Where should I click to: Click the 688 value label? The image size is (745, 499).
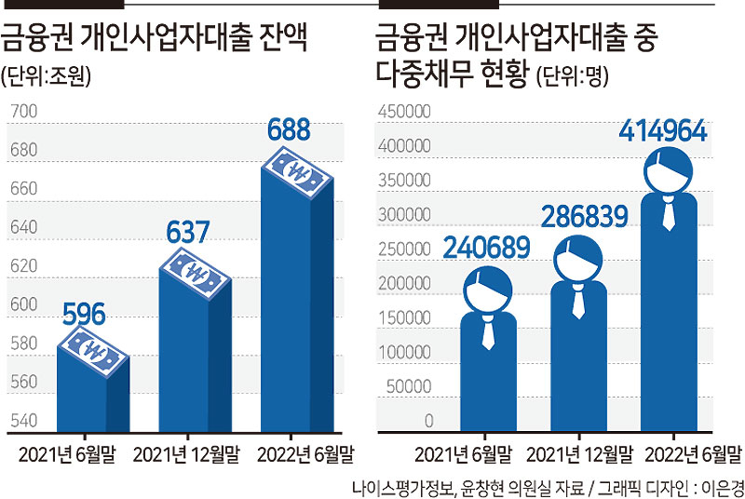tap(289, 129)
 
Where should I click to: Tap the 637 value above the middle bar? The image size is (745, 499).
tap(188, 232)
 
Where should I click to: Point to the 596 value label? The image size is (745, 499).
tap(84, 314)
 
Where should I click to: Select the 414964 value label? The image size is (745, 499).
tap(663, 130)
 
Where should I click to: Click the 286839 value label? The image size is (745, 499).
tap(585, 217)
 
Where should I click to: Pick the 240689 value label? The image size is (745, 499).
tap(486, 248)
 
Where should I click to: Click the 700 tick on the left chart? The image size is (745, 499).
tap(24, 111)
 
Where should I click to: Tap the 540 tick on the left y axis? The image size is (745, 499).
tap(24, 420)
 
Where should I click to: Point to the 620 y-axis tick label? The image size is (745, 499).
tap(24, 265)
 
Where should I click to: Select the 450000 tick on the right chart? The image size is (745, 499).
tap(404, 111)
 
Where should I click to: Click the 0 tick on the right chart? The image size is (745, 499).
tap(428, 421)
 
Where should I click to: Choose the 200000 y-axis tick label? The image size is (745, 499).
tap(404, 283)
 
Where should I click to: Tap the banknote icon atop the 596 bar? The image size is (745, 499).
tap(93, 352)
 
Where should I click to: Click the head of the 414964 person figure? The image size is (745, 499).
tap(668, 170)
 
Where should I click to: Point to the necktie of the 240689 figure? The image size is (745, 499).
tap(488, 332)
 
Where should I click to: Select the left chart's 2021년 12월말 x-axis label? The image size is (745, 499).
tap(186, 455)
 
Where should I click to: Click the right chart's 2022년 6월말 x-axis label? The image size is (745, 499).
tap(693, 455)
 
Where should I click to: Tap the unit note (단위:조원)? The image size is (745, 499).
tap(46, 75)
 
